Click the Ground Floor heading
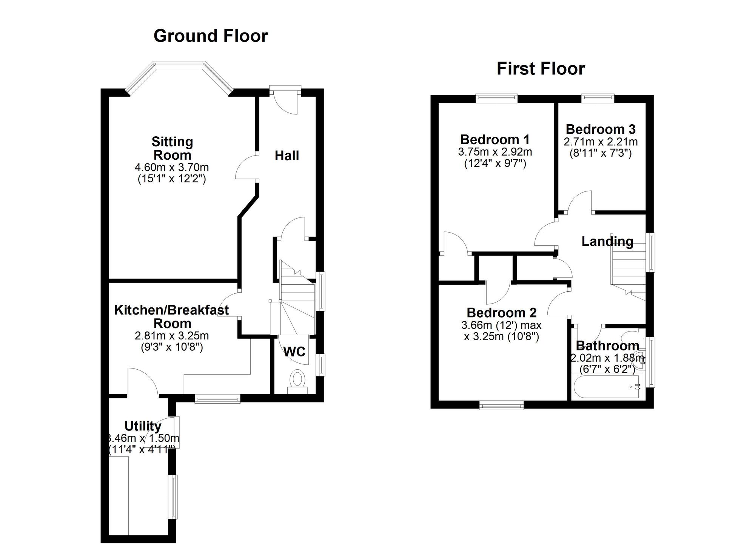click(x=211, y=36)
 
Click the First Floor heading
click(x=541, y=69)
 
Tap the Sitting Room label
click(x=172, y=148)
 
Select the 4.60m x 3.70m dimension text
click(x=172, y=167)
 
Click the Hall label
click(x=287, y=156)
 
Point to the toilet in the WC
click(x=297, y=379)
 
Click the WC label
click(x=294, y=352)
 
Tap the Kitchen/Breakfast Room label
click(x=171, y=316)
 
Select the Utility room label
click(x=143, y=426)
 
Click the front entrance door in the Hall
click(x=285, y=102)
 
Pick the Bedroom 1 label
click(x=495, y=140)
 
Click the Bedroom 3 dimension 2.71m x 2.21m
click(x=600, y=142)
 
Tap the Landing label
click(x=607, y=241)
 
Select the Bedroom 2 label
click(x=501, y=313)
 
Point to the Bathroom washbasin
click(x=639, y=360)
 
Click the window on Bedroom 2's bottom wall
click(x=501, y=406)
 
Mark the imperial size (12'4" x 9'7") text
click(x=495, y=164)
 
